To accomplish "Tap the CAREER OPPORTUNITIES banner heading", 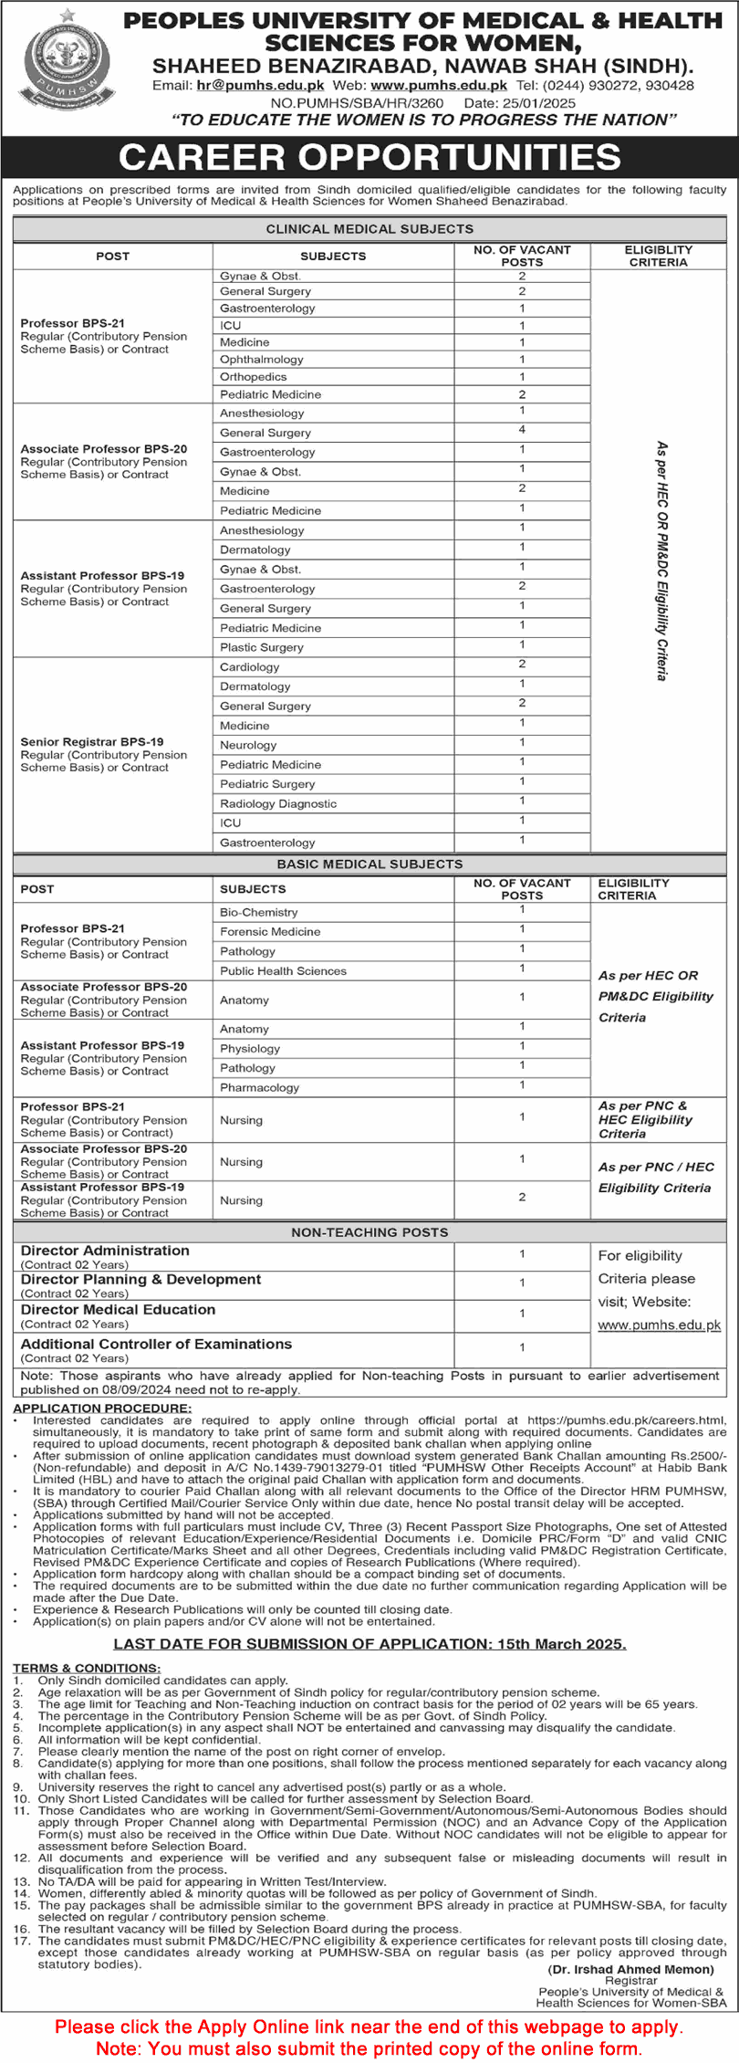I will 369,157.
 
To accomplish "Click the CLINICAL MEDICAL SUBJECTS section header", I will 369,229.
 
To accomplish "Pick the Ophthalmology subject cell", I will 261,360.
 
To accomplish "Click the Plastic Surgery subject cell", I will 261,647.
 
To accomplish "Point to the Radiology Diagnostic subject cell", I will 278,804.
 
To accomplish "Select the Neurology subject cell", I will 248,745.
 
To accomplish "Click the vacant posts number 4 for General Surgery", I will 522,429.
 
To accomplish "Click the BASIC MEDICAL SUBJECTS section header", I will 369,864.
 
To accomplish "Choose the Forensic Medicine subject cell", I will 270,932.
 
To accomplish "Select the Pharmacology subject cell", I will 259,1088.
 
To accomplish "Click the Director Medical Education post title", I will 119,1310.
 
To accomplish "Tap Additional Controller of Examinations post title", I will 156,1345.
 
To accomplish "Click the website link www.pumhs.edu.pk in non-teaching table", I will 659,1325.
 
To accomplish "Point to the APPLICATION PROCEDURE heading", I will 102,1408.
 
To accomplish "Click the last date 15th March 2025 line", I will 369,1644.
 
